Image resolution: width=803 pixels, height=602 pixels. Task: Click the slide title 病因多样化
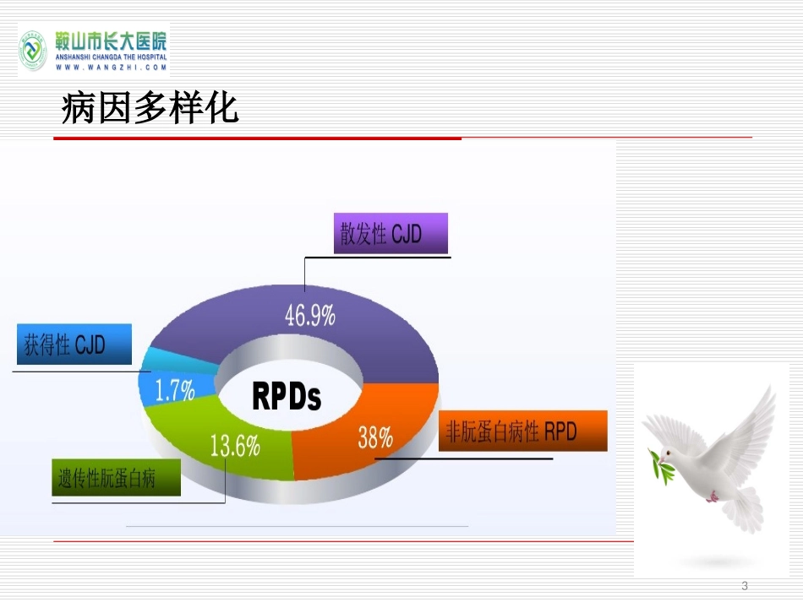(150, 108)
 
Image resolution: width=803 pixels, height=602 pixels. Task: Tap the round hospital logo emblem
(33, 50)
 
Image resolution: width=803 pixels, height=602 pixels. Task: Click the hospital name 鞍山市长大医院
(111, 41)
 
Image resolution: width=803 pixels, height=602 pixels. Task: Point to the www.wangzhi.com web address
(111, 67)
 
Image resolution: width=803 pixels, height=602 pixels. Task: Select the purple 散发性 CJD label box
(391, 233)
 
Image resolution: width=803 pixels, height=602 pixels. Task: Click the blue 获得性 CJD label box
(74, 344)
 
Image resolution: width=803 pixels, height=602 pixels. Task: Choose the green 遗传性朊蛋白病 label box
(117, 478)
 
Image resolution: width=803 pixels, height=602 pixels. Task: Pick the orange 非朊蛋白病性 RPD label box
(523, 431)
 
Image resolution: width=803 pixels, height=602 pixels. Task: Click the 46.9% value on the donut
(310, 315)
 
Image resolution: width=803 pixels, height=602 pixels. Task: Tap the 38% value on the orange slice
(374, 437)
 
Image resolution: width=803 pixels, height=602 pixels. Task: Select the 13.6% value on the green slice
(235, 445)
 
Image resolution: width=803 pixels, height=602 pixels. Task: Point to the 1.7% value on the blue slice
(175, 390)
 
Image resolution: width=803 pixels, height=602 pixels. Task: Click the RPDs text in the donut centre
(287, 396)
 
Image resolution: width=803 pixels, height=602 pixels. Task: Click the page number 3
(745, 586)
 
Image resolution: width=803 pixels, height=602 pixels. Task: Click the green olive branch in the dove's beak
(659, 465)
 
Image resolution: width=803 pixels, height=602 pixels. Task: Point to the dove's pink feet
(713, 496)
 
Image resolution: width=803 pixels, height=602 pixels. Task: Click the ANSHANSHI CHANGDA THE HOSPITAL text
(111, 57)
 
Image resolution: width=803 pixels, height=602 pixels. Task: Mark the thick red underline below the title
(258, 138)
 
